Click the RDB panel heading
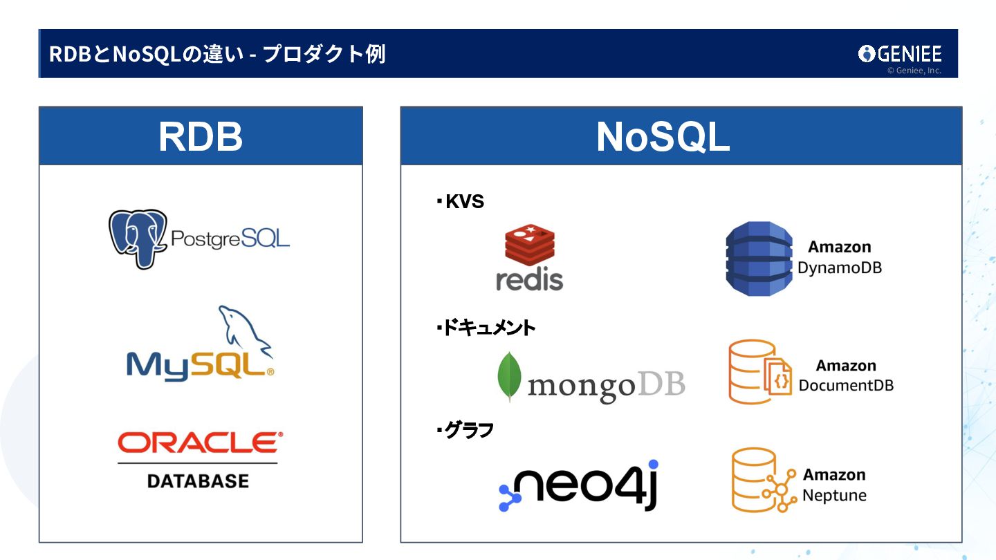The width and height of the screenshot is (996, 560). [201, 137]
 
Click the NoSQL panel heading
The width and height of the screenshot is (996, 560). [663, 138]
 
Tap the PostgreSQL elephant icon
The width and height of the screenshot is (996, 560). [138, 239]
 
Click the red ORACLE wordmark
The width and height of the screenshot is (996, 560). [200, 442]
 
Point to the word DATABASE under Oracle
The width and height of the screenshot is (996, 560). [198, 480]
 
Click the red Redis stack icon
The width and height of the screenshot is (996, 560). [530, 245]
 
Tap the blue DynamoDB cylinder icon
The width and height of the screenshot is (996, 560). [759, 259]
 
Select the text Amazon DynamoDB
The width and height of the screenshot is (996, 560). [840, 257]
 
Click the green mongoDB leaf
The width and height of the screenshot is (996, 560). [509, 377]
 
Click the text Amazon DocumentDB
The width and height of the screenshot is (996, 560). [846, 375]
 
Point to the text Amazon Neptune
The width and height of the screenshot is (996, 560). [834, 485]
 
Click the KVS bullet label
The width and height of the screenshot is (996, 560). [461, 202]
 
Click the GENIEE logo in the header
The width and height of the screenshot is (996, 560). [900, 54]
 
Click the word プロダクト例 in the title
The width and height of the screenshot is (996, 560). [324, 54]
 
